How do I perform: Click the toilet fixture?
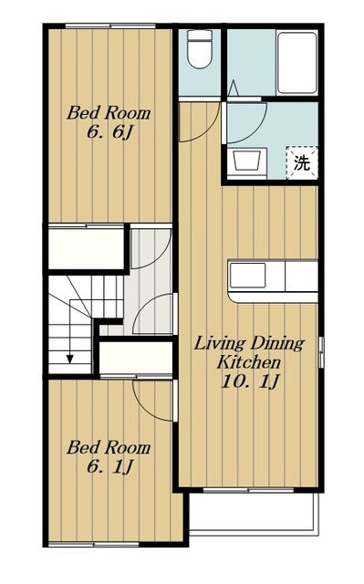(x=200, y=49)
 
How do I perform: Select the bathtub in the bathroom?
(x=297, y=62)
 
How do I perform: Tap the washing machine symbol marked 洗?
(x=301, y=162)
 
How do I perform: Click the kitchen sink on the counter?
(x=247, y=276)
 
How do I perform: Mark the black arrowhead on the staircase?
(x=70, y=359)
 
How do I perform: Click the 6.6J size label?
(x=109, y=132)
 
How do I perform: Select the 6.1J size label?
(x=109, y=466)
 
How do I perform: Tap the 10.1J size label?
(x=250, y=381)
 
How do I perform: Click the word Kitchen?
(x=249, y=361)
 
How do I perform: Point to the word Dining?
(x=277, y=343)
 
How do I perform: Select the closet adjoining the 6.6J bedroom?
(x=86, y=248)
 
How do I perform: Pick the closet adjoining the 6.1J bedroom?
(x=136, y=357)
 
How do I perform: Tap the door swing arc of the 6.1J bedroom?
(x=150, y=408)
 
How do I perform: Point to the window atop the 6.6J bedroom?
(x=110, y=26)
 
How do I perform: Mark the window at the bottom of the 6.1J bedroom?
(x=94, y=544)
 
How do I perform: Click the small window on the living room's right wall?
(x=321, y=352)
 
